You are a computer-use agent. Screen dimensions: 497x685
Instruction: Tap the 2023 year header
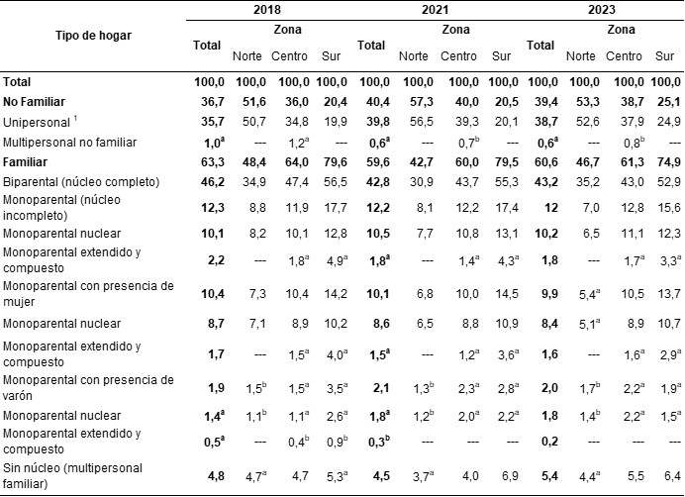coord(603,9)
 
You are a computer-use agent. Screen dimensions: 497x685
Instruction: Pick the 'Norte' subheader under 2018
coord(247,55)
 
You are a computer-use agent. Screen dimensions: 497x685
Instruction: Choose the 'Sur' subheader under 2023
coord(665,55)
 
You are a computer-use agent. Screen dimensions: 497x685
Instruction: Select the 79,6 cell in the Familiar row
coord(332,163)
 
